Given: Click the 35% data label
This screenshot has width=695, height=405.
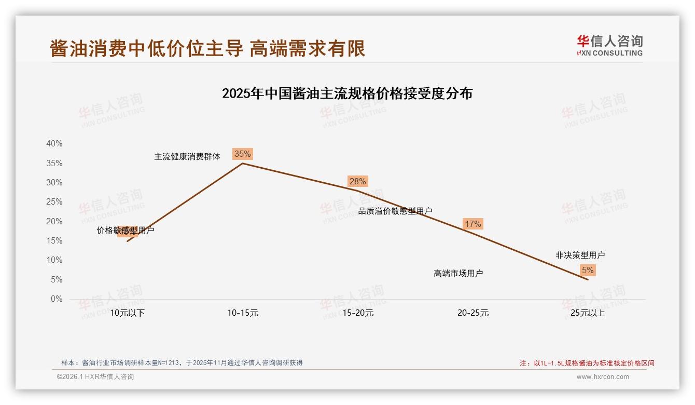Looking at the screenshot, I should pos(243,154).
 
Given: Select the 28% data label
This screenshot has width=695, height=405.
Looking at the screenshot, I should pos(358,181).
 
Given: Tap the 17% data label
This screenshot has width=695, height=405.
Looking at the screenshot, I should pos(473,224).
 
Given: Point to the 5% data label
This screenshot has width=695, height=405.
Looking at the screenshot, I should pos(588,270).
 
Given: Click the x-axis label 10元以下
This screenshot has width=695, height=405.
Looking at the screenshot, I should pos(127,313).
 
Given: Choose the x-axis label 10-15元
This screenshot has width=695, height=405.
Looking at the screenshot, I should pos(243,313).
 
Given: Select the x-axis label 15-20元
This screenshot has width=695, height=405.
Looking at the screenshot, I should pos(358,313).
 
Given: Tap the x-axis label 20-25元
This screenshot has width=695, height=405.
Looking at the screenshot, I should pos(473,313).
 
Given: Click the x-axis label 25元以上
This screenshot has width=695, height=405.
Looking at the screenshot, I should pos(588,313).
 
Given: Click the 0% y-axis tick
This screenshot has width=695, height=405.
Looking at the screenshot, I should pos(56,299).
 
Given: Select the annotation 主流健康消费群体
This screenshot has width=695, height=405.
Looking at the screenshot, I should pos(187,156).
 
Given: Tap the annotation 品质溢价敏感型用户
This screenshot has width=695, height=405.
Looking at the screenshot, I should pos(395,211).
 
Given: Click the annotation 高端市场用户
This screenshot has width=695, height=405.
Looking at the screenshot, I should pos(458,273).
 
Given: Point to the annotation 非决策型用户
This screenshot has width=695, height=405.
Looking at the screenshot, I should pos(580,255).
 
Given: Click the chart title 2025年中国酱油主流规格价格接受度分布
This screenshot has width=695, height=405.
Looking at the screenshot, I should pos(347,93).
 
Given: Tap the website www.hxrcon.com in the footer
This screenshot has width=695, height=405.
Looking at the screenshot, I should pos(603,377).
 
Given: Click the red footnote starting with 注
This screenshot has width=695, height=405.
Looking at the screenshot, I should pos(587,363).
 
